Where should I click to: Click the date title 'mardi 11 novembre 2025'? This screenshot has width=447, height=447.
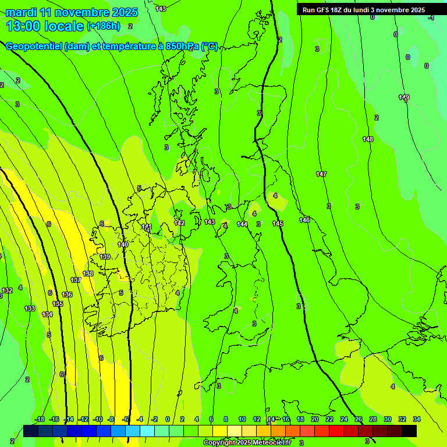pos(72,12)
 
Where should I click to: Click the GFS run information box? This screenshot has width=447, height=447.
pos(363,10)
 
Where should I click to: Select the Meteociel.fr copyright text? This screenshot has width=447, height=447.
pos(247,443)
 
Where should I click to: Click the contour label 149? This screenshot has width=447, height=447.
pos(404,97)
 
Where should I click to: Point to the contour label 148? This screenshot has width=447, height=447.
pos(368,139)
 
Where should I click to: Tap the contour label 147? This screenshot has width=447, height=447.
pos(321,174)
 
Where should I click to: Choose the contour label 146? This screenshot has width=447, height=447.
pos(304,220)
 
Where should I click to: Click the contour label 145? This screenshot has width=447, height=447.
pos(278,223)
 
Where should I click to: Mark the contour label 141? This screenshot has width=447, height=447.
pos(147,226)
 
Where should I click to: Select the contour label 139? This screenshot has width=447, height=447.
pos(105,257)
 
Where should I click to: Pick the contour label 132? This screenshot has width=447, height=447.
pos(7,290)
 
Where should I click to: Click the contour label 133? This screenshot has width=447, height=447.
pos(30,308)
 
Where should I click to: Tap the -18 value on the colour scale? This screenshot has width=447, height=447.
pos(40,419)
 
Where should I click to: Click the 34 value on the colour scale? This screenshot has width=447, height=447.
pos(417,419)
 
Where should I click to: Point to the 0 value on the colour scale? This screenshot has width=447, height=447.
pos(168,419)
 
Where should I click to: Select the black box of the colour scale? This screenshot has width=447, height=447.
pos(409,431)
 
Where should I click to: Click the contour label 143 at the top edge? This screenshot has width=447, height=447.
pos(161,9)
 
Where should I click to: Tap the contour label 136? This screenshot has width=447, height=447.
pos(67,295)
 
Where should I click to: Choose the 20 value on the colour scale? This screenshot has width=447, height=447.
pos(315,419)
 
